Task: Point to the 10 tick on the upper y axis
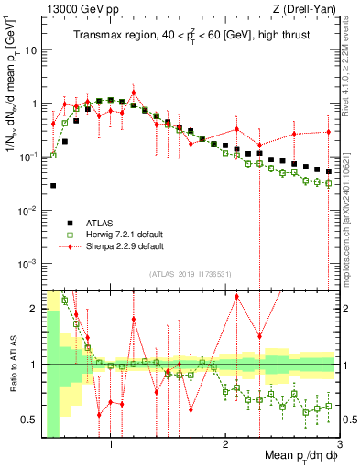click(31, 49)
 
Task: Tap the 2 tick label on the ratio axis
click(34, 309)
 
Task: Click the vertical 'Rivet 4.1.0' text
click(354, 55)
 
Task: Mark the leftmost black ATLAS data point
click(53, 186)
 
